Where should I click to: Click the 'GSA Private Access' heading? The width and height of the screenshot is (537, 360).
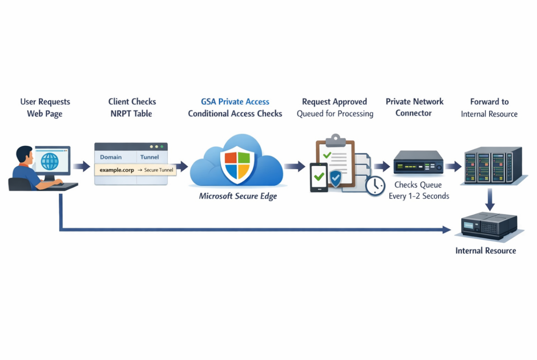235,102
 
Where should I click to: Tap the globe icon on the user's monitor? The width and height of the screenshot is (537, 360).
50,161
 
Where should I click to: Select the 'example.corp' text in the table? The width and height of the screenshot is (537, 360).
117,170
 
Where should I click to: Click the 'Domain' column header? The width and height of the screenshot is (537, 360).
111,157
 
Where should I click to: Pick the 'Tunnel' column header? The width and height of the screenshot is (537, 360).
149,157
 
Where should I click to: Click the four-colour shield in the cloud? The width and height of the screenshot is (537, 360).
237,164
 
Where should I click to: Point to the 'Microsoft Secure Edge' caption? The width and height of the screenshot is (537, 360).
238,196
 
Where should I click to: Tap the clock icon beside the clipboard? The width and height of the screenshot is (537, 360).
375,186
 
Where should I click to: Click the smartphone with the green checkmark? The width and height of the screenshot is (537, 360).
319,177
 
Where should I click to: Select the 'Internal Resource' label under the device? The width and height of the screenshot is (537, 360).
486,251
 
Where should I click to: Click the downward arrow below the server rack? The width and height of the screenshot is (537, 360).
490,199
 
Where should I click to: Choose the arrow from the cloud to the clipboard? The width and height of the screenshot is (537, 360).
295,166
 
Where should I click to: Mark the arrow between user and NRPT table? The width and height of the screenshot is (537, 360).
82,166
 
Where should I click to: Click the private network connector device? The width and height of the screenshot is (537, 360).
418,162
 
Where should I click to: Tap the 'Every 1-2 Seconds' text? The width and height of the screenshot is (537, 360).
419,196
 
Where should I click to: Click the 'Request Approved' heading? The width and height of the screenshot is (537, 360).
334,102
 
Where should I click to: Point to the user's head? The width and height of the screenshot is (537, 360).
25,155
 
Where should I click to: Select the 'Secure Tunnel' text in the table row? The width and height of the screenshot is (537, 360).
158,170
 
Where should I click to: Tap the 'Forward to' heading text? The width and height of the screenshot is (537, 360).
489,102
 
